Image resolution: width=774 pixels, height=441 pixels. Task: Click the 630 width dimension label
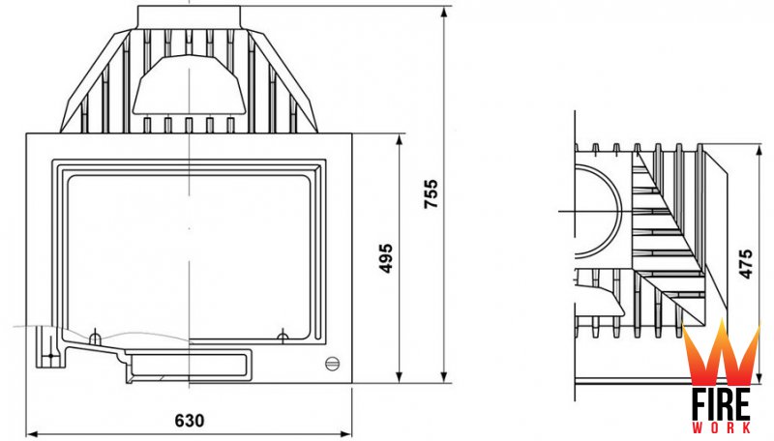pos(189,421)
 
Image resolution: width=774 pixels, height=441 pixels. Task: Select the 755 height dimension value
pos(431,193)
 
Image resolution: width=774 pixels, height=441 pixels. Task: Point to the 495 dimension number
pos(385,258)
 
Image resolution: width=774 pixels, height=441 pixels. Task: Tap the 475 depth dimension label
pos(746,263)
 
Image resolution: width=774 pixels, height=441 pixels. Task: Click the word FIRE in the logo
pos(721,403)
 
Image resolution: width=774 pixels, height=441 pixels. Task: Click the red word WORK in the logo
pos(721,427)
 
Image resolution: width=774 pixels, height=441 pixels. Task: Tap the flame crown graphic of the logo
pos(721,352)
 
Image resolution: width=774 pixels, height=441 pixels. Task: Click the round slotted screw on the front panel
pos(332,364)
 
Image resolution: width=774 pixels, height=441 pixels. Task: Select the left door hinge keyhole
pos(94,338)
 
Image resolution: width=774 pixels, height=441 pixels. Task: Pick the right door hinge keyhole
pos(283,337)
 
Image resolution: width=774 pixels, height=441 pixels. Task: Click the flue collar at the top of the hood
pos(189,17)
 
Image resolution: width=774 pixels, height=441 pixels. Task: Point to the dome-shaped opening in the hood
pos(189,85)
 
